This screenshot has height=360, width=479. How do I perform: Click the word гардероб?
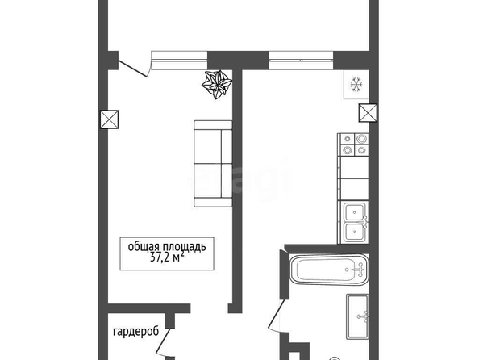[x=136, y=332]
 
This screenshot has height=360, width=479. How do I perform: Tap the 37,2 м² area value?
[x=167, y=257]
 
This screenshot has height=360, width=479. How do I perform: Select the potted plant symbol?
[x=217, y=85]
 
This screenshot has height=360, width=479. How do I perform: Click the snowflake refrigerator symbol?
[x=356, y=84]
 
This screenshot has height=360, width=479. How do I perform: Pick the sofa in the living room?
[x=213, y=164]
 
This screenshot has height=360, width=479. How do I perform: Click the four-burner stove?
[x=354, y=144]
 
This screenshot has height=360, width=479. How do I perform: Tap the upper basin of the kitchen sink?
[x=354, y=212]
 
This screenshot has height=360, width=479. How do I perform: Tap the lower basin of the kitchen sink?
[x=354, y=232]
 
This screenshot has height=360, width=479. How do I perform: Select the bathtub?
[x=329, y=270]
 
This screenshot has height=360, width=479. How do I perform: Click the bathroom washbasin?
[x=357, y=316]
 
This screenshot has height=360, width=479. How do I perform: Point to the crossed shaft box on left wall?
[x=109, y=119]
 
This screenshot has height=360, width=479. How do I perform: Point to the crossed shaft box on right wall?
[x=368, y=113]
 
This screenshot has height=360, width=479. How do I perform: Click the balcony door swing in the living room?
[x=133, y=69]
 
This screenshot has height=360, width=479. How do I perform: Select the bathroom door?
[x=277, y=315]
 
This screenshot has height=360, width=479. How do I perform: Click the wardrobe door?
[x=163, y=342]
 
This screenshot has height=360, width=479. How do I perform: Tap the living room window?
[x=179, y=61]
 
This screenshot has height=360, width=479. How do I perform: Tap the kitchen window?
[x=301, y=61]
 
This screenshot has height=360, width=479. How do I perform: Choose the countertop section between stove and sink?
[x=354, y=178]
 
